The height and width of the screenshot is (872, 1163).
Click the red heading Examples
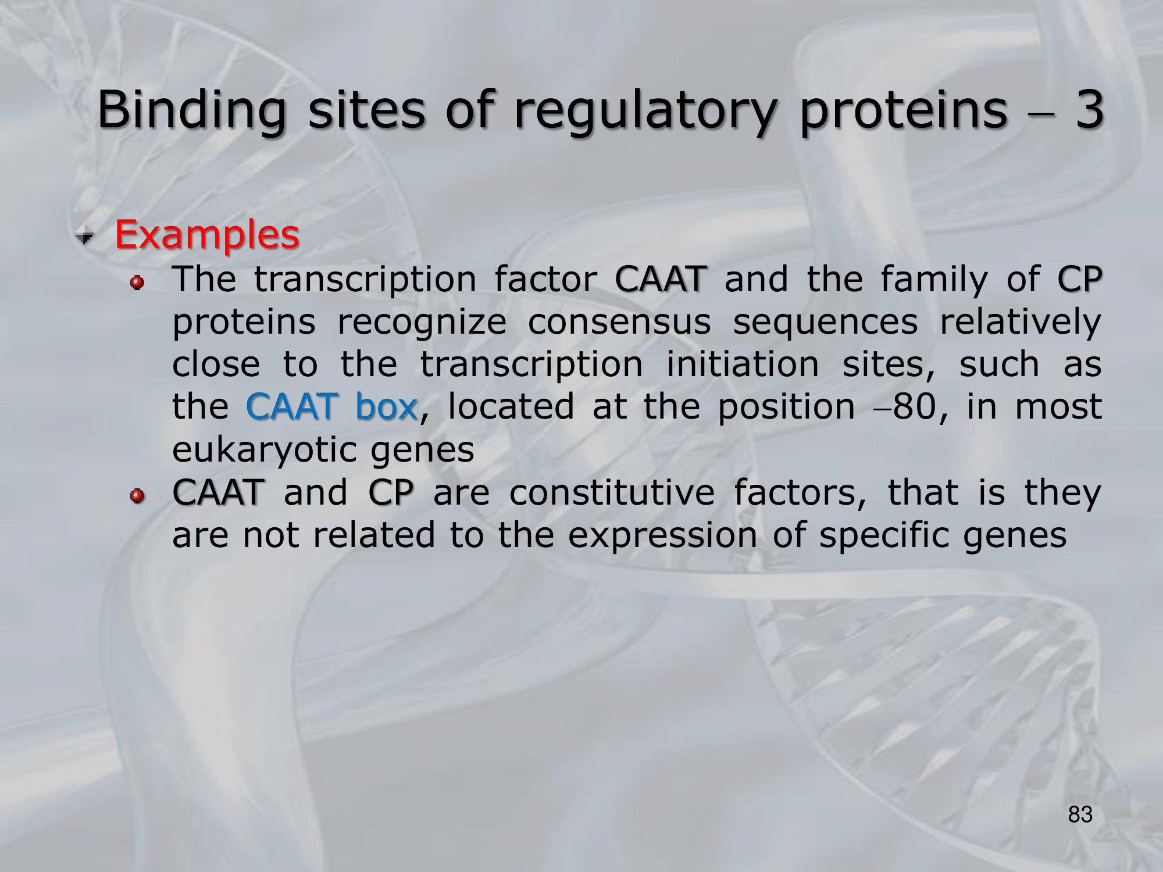pos(207,235)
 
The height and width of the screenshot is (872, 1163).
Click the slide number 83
pos(1080,814)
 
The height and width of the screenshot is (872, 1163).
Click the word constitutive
pos(612,492)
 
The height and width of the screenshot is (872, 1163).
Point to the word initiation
pos(743,364)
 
